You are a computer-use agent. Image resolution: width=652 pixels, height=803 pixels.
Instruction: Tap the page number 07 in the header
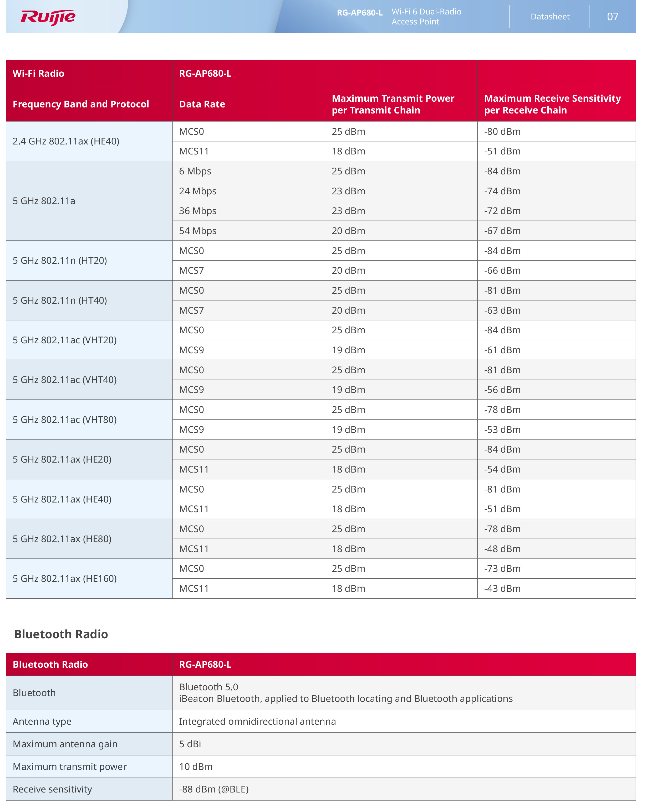tap(612, 17)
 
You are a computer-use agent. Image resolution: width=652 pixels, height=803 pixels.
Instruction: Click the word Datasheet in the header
tap(550, 17)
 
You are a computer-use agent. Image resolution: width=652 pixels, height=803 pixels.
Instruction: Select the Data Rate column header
tap(202, 104)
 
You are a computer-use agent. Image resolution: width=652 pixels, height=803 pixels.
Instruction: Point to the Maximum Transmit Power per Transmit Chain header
tap(393, 104)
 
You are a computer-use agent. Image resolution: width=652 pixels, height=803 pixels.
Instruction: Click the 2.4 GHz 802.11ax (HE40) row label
tap(66, 142)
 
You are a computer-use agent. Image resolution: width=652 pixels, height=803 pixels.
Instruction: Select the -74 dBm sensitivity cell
tap(502, 191)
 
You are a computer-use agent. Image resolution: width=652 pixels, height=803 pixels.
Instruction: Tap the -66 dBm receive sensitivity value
tap(502, 271)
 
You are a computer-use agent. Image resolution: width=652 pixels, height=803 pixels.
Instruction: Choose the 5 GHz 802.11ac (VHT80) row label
tap(65, 419)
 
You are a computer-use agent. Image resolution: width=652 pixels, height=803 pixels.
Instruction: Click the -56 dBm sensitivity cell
tap(502, 390)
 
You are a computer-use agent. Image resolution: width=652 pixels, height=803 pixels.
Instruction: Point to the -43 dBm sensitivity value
tap(502, 588)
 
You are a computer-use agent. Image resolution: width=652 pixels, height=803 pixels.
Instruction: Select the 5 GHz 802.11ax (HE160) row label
tap(65, 579)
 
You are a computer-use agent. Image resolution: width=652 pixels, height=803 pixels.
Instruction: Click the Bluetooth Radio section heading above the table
tap(61, 634)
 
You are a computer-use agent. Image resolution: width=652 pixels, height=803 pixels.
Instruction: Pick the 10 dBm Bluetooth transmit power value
tap(196, 766)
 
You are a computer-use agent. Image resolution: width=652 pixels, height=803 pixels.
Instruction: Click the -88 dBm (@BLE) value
tap(214, 789)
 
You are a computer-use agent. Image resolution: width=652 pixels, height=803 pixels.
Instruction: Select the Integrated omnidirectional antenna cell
tap(257, 721)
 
